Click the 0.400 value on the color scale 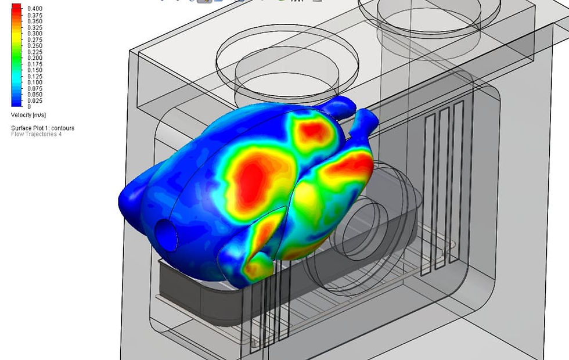35,8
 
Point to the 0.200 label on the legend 35,57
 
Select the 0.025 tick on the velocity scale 35,100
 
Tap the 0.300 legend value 35,34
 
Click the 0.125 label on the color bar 35,76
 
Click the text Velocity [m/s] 28,115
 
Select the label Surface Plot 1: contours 42,128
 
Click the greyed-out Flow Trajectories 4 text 36,134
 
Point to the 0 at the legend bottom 29,107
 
